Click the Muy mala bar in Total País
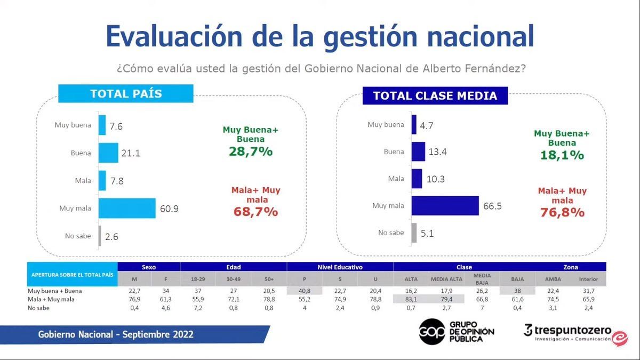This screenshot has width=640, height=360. [127, 208]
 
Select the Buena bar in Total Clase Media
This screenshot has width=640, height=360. [418, 152]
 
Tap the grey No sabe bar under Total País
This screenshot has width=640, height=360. [99, 236]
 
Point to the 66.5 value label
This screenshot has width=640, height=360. [494, 206]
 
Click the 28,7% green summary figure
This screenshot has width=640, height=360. [251, 151]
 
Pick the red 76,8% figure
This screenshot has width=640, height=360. [562, 212]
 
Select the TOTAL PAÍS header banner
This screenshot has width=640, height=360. [126, 94]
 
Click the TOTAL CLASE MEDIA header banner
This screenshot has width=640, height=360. [435, 96]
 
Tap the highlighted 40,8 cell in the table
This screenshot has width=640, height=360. [305, 291]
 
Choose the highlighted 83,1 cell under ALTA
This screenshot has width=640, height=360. [411, 300]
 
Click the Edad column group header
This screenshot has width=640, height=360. [234, 267]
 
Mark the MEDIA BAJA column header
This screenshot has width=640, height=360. [482, 278]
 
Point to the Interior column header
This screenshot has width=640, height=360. [588, 279]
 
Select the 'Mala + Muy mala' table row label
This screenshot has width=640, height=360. [51, 300]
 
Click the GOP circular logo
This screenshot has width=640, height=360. [431, 331]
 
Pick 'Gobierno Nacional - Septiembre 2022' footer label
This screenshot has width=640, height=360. [116, 335]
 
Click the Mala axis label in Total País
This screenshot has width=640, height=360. [83, 180]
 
